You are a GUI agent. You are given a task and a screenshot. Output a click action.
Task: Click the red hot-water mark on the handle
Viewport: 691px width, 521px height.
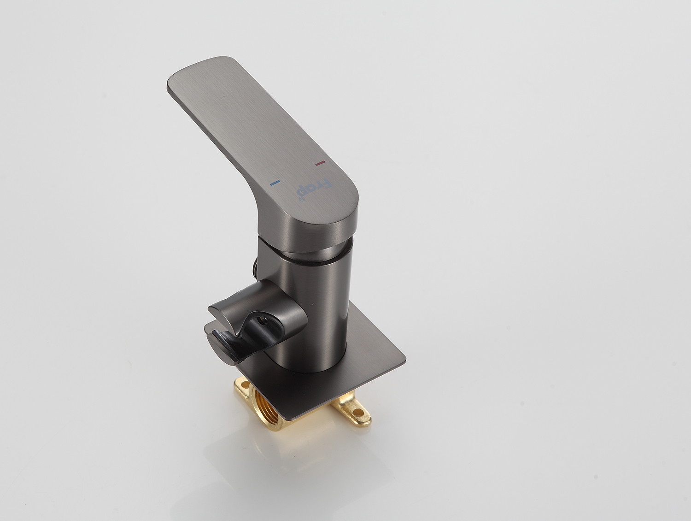pos(320,163)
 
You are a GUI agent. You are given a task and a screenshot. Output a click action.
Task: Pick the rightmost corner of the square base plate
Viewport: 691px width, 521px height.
pos(405,359)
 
